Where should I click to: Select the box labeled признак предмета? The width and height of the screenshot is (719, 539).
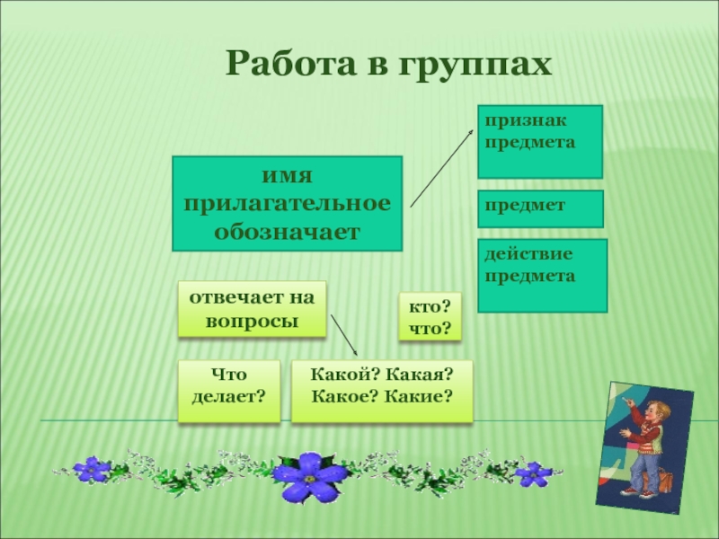click(x=539, y=141)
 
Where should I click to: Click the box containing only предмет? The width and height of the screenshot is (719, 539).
click(x=539, y=208)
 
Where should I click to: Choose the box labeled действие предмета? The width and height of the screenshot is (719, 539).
click(x=542, y=275)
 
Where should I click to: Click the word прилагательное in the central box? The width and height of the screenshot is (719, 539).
click(x=288, y=202)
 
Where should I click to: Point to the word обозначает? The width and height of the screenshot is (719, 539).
click(x=287, y=231)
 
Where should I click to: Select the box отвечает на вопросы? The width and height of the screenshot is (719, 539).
click(x=252, y=308)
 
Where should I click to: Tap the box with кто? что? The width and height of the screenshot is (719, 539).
click(x=429, y=316)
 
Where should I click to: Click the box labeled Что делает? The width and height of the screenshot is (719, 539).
click(x=228, y=391)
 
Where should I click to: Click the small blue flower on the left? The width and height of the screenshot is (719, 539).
click(x=92, y=468)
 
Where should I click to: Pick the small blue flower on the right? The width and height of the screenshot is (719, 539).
click(x=532, y=472)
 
